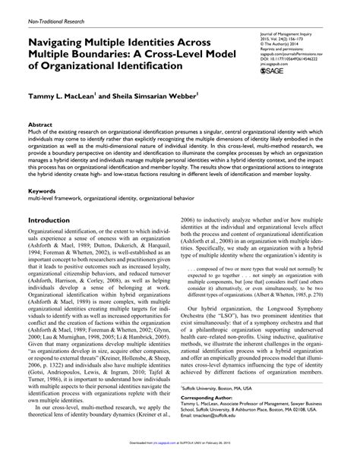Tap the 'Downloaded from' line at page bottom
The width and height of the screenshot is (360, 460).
coord(180,454)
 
